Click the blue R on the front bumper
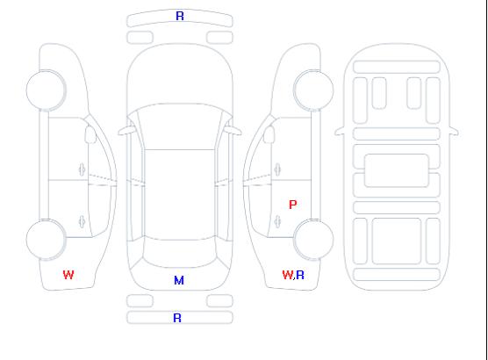[180, 16]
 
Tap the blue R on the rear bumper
[177, 318]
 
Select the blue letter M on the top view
[179, 281]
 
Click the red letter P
[293, 205]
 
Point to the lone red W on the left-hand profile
[68, 275]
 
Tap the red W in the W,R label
[288, 275]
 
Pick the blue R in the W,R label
[300, 275]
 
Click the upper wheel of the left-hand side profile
[46, 90]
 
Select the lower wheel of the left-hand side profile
[46, 240]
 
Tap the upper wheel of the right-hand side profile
[313, 90]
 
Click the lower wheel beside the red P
[313, 240]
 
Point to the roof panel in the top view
[180, 195]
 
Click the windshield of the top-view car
[180, 126]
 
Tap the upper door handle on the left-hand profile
[82, 169]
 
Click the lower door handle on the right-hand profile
[277, 221]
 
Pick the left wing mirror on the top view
[126, 131]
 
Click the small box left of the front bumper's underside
[140, 38]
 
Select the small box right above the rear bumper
[219, 301]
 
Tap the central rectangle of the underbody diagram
[397, 170]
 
